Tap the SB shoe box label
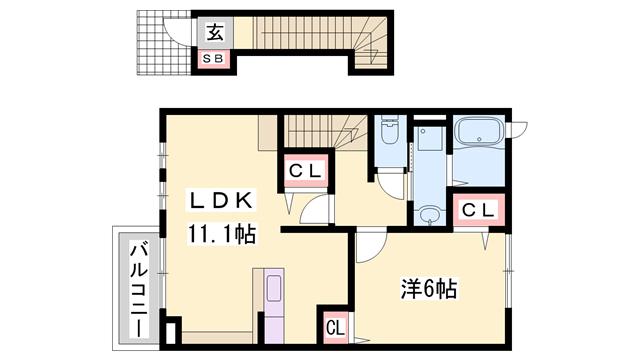tap(215, 60)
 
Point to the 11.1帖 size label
tap(219, 236)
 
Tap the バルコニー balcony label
tap(135, 288)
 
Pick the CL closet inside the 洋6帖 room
tap(334, 327)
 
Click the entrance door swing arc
tap(180, 33)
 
